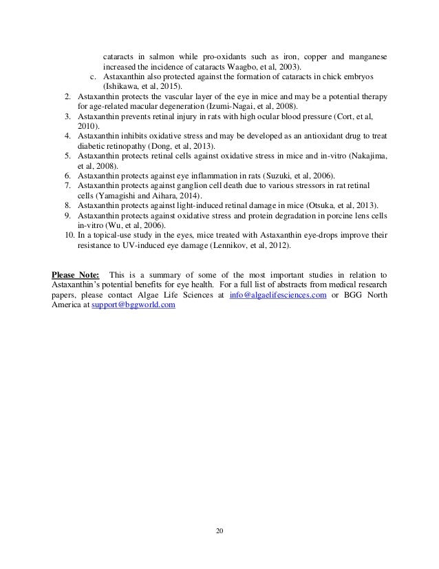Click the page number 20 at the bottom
tap(219, 531)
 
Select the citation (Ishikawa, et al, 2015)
tap(142, 87)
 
